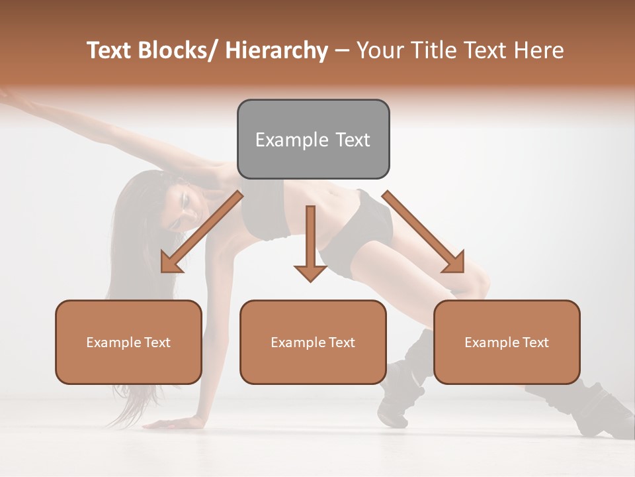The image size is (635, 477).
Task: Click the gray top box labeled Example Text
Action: pos(313,139)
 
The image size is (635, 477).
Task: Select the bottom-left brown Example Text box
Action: pos(128,342)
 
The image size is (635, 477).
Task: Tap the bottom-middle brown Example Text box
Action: pos(313,342)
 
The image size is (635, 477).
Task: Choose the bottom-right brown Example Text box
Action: pos(507,342)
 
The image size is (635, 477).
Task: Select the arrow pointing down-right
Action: pos(424,232)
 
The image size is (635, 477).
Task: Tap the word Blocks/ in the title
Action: pos(178,50)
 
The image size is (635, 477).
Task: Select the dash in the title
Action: pos(343,51)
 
